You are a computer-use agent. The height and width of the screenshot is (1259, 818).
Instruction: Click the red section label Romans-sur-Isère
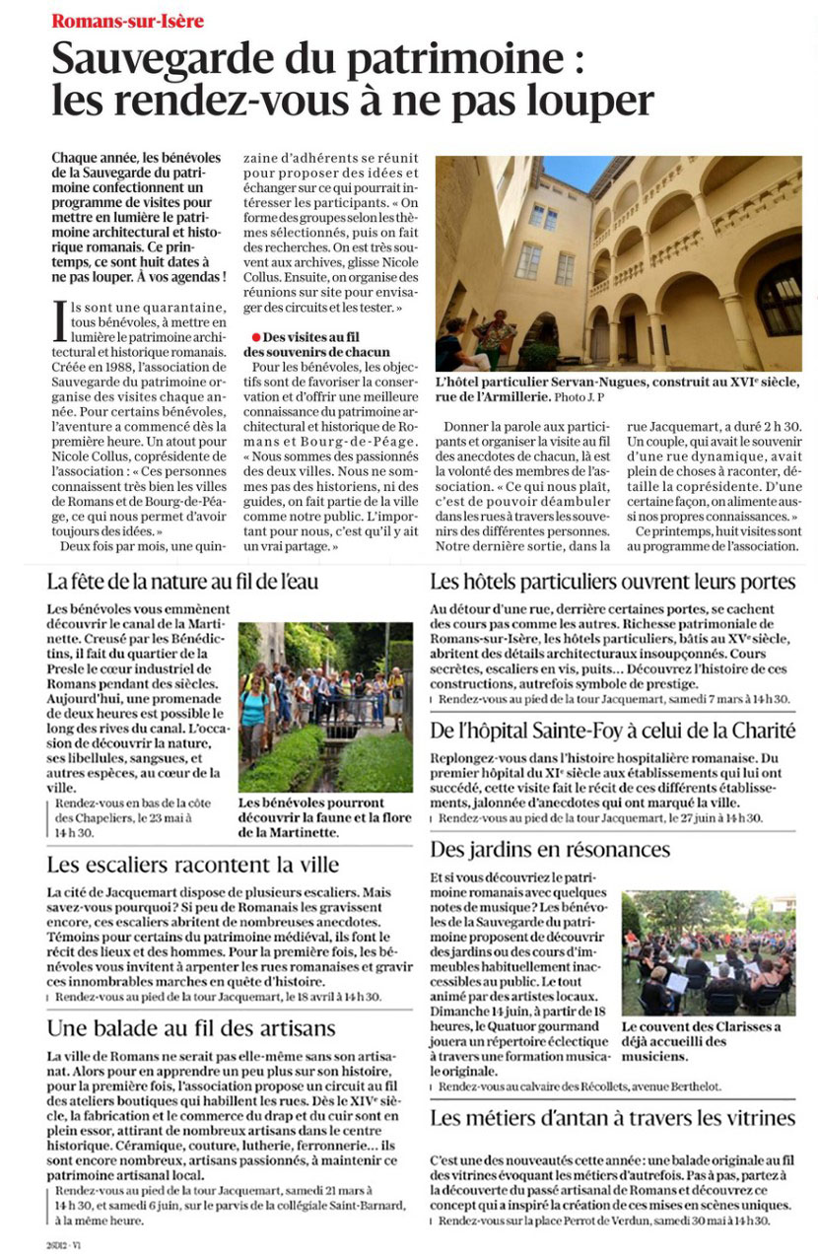[x=128, y=21]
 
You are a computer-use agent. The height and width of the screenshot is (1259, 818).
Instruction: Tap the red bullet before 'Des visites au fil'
[x=255, y=337]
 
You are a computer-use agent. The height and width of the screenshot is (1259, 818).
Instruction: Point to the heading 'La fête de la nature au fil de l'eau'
[x=182, y=582]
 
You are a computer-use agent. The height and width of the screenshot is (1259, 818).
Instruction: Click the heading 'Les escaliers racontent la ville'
[x=193, y=865]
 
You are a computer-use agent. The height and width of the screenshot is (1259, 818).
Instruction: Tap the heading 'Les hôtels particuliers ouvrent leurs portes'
[x=612, y=582]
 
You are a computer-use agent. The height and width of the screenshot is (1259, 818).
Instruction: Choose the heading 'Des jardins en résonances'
[x=550, y=849]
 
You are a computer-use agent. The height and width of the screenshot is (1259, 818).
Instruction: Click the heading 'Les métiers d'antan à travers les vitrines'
[x=612, y=1118]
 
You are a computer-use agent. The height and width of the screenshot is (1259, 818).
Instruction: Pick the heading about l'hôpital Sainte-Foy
[x=612, y=731]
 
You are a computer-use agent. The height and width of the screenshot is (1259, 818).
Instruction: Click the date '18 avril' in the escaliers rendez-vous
[x=293, y=997]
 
